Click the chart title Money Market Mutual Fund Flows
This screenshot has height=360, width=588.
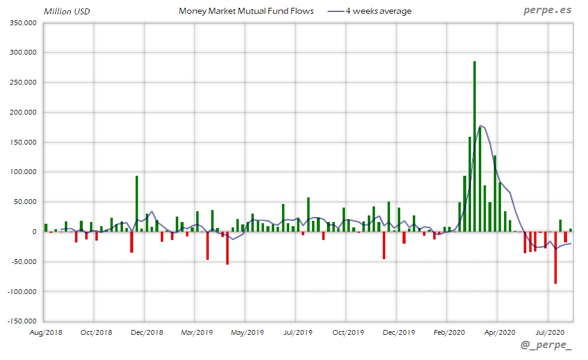click(x=246, y=11)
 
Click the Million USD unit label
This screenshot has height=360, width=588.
click(x=67, y=11)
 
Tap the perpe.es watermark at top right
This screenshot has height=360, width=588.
click(x=547, y=10)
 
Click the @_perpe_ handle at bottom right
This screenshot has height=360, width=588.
click(x=546, y=346)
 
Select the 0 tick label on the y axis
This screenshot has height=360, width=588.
click(x=35, y=232)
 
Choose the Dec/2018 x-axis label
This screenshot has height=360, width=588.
click(x=146, y=332)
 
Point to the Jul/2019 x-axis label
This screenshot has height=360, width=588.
click(x=298, y=332)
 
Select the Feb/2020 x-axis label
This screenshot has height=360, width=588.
click(x=449, y=332)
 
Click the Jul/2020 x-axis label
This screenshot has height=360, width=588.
click(x=549, y=332)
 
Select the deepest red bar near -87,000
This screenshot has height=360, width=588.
click(x=556, y=257)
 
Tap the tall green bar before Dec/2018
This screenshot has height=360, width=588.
click(x=137, y=203)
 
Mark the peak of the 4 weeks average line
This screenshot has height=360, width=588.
click(x=481, y=126)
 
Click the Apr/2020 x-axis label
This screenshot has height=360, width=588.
click(x=499, y=332)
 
